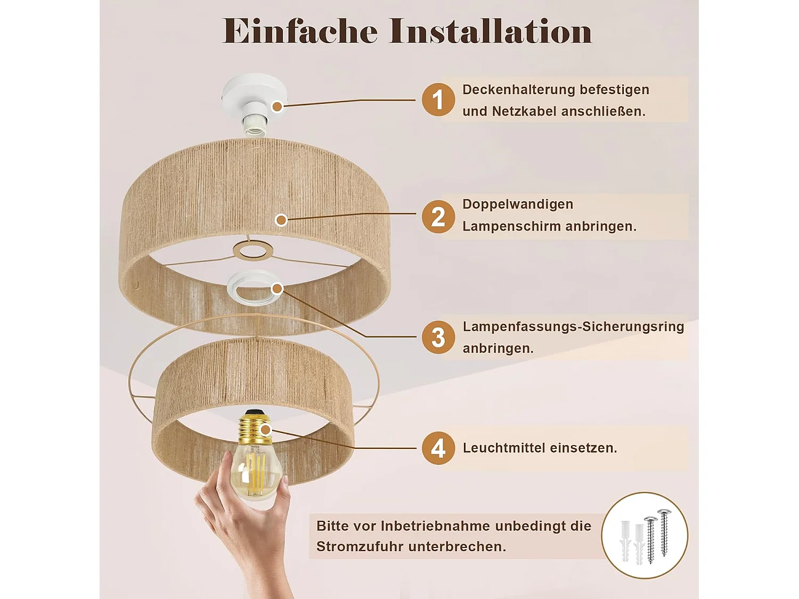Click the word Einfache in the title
pyautogui.click(x=299, y=31)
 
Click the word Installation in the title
pyautogui.click(x=491, y=31)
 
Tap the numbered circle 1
pyautogui.click(x=438, y=100)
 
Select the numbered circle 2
pyautogui.click(x=438, y=217)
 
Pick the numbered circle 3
pyautogui.click(x=438, y=337)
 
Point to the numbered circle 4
pyautogui.click(x=438, y=448)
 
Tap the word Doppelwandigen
pyautogui.click(x=518, y=204)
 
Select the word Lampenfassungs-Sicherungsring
pyautogui.click(x=573, y=326)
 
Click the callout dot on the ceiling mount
pyautogui.click(x=278, y=106)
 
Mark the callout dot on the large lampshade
pyautogui.click(x=281, y=220)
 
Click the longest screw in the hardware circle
pyautogui.click(x=664, y=533)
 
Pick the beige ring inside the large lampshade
pyautogui.click(x=253, y=243)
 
